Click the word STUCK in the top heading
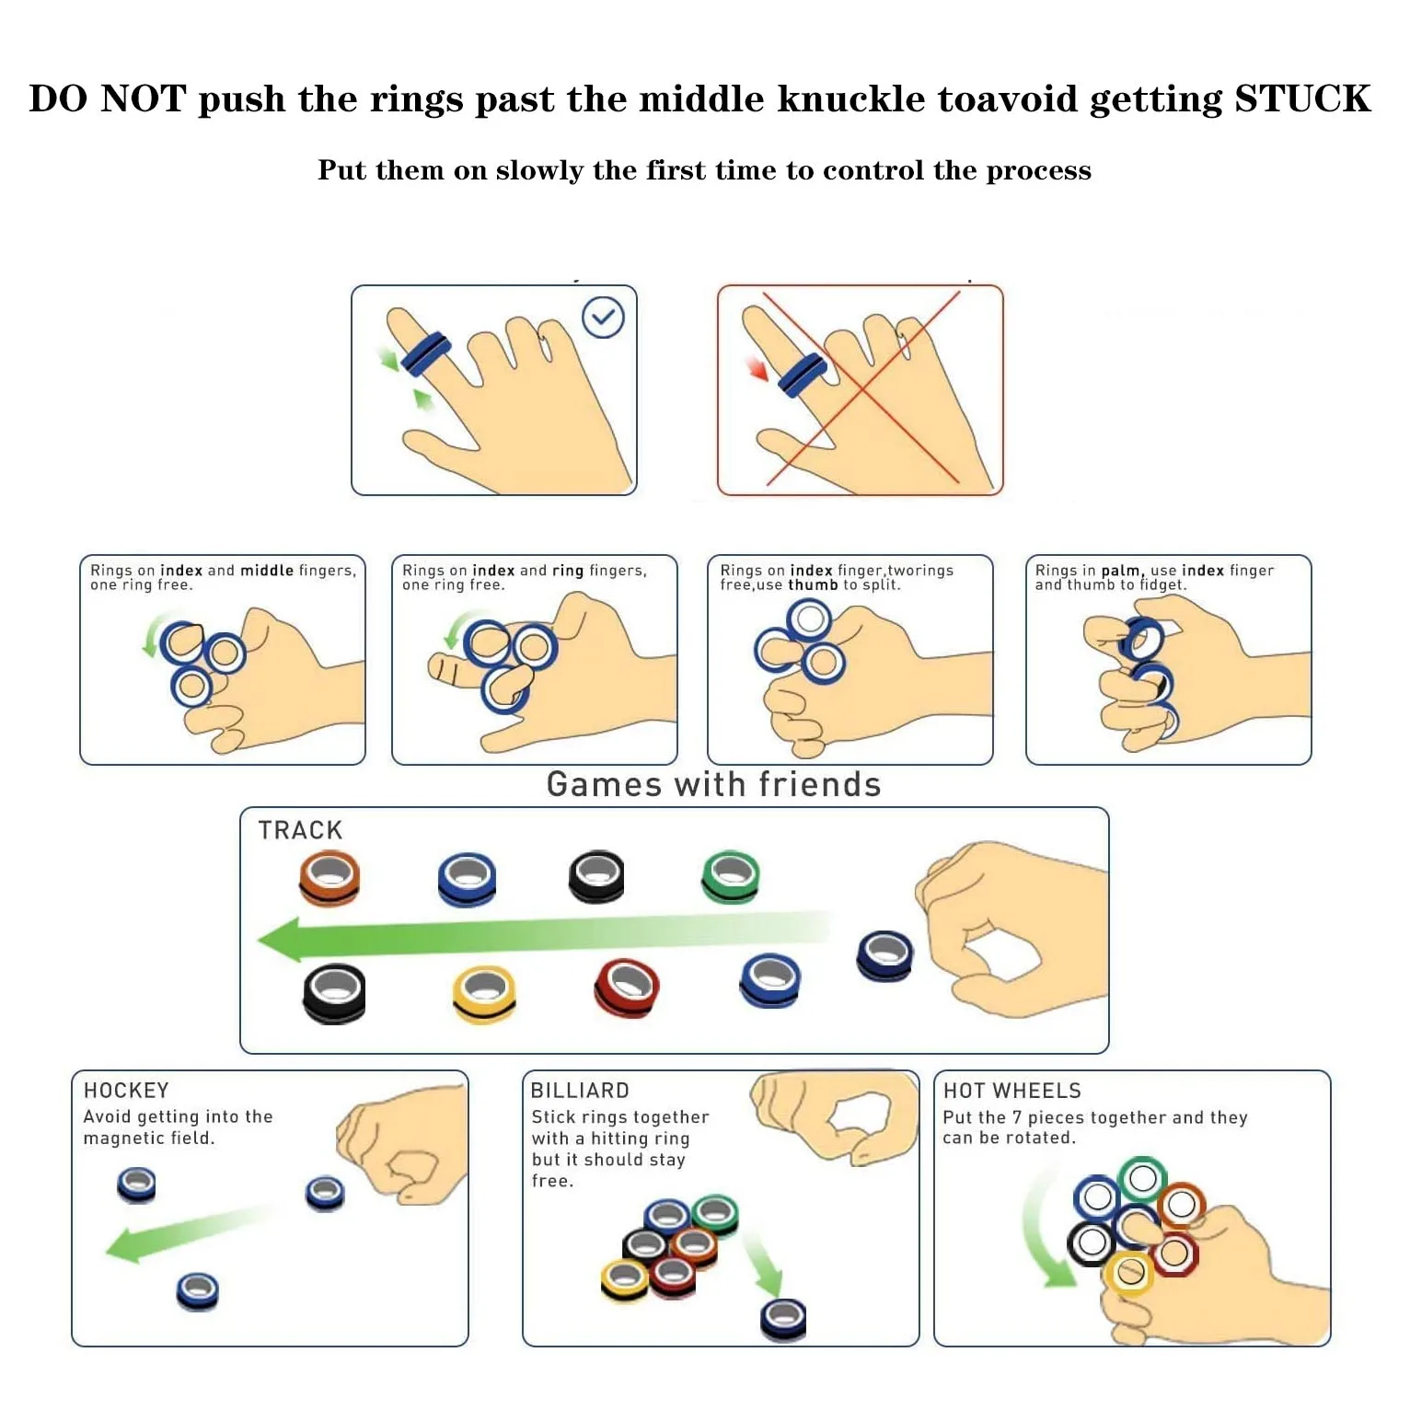click(1301, 98)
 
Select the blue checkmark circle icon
click(603, 318)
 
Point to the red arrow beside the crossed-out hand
click(757, 369)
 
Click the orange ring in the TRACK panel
click(329, 877)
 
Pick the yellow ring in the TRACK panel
click(484, 993)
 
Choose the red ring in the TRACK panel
click(627, 988)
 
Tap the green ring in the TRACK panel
click(731, 875)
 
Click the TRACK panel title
click(300, 830)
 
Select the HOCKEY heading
click(126, 1091)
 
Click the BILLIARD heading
click(580, 1091)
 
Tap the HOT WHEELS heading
click(1011, 1091)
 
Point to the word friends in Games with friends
click(820, 784)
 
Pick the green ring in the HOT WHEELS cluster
click(1142, 1178)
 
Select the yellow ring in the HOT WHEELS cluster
click(1130, 1273)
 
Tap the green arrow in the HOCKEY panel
click(184, 1233)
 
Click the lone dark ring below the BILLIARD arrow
click(783, 1319)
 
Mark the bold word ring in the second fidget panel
click(567, 571)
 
